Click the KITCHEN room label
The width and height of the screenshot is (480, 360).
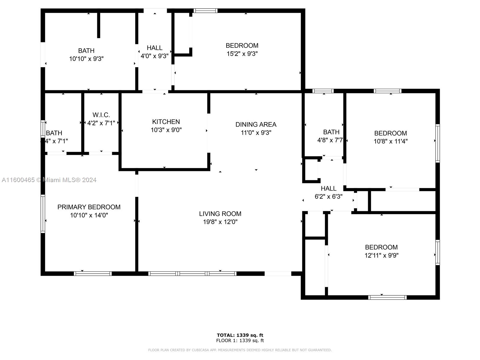[166, 121]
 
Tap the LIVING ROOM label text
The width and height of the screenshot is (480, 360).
[220, 214]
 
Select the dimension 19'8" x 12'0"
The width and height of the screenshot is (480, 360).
[220, 222]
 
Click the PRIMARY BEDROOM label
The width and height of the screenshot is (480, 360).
[89, 207]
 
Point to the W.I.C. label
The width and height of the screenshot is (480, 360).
[101, 115]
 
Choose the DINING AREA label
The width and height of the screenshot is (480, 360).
[256, 124]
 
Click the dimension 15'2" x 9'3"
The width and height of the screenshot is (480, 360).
[242, 54]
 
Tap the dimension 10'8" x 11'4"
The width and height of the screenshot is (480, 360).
[390, 141]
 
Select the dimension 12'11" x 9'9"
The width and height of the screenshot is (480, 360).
[381, 255]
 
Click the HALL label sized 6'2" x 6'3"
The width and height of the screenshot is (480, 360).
[328, 188]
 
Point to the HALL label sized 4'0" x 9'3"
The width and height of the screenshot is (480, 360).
[154, 48]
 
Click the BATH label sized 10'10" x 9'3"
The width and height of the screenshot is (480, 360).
[86, 51]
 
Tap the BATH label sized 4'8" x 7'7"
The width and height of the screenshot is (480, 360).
[331, 132]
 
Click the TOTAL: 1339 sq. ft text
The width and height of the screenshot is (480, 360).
[240, 335]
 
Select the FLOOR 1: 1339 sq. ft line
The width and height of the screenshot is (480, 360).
[240, 340]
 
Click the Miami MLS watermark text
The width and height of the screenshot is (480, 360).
[49, 180]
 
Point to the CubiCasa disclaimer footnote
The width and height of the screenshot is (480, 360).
[240, 350]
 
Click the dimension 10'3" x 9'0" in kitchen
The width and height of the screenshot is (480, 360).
[166, 130]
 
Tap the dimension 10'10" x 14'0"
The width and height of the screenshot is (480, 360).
[89, 215]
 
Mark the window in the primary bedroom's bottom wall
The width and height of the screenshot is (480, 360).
[93, 273]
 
